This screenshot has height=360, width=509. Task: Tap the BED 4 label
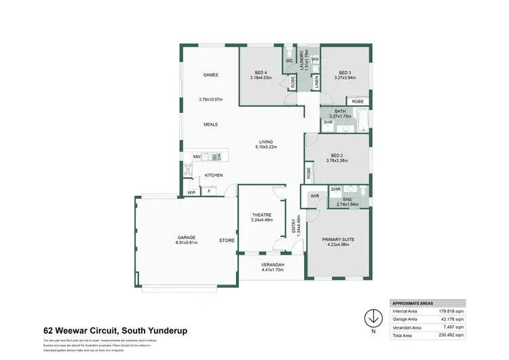[262, 72]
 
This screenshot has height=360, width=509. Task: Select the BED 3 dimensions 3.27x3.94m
[345, 77]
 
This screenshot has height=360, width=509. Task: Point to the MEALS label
[210, 124]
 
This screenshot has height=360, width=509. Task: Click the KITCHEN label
[214, 175]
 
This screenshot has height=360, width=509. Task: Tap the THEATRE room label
[261, 215]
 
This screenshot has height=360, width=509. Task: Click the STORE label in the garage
[226, 240]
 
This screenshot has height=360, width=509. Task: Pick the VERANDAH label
[272, 264]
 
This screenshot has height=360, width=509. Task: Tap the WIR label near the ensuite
[314, 196]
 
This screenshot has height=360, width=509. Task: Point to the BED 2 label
[337, 156]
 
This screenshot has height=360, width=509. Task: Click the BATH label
[340, 111]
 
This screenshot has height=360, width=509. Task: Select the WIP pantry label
[191, 192]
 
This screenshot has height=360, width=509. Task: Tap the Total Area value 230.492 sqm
[450, 336]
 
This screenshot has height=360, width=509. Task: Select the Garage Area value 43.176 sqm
[451, 319]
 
